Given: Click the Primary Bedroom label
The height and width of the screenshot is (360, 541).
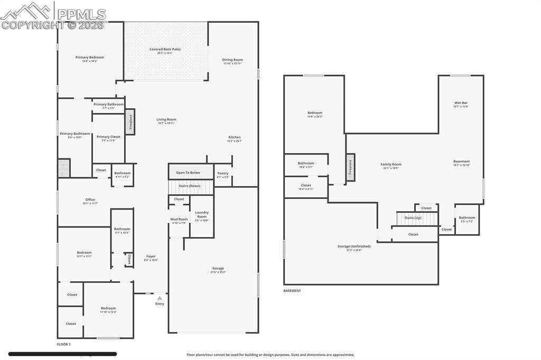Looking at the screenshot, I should pos(89,57).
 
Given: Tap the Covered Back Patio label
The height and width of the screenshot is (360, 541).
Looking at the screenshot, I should pos(165,49).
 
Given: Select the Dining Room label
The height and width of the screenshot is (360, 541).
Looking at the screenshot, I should pos(232,60).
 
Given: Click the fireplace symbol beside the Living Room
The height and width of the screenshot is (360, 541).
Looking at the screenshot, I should pos(130,121).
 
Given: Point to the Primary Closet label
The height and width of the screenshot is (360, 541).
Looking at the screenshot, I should pos(108,137).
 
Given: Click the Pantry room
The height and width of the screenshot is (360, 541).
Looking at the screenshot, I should pos(222,175).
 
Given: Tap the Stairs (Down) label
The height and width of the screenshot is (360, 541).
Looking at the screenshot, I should pos(189,186).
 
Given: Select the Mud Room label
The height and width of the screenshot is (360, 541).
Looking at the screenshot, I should pos(179,219).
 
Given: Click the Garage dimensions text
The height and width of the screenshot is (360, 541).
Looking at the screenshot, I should pos(218,272).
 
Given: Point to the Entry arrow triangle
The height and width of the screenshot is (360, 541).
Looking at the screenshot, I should pos(160,298).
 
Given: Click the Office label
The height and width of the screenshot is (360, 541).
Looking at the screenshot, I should pos(90,200).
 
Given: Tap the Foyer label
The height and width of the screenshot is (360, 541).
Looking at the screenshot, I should pos(151,257).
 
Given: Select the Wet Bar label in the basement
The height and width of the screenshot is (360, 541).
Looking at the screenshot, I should pos(461,102).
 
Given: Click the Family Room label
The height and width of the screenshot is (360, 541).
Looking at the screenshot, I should pos(391,164).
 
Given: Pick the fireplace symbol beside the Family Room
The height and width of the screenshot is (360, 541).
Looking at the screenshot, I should pos(350,167).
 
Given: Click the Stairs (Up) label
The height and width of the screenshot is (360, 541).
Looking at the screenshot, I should pos(413,217).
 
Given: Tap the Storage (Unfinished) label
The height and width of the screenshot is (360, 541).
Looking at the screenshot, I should pos(354,246).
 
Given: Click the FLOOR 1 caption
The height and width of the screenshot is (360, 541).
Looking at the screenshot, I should pos(63,344).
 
